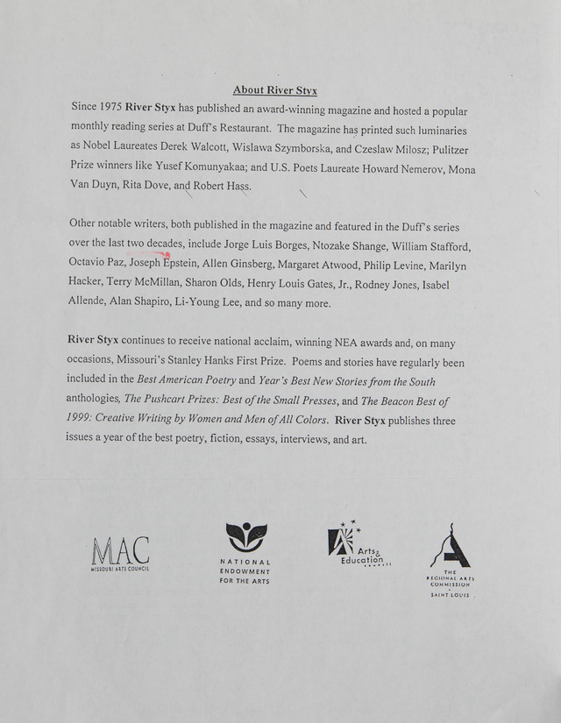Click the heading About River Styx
(275, 90)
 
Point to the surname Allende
(89, 303)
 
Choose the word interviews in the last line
(307, 440)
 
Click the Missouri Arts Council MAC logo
(120, 552)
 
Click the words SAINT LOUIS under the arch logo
(450, 595)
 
